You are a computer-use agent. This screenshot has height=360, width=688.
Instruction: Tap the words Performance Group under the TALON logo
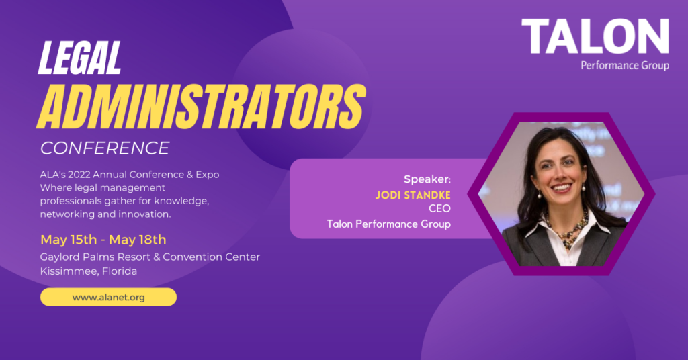pos(624,66)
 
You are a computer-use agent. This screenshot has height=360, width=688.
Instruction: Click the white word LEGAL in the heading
pos(80,58)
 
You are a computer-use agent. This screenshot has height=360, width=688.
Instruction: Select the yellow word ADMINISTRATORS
pos(201,105)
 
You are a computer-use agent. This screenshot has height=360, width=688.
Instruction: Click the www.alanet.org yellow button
pos(108,297)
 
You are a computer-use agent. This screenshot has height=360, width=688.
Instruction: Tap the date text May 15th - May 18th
pos(103,240)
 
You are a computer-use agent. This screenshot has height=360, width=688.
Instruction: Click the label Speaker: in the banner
pos(427,179)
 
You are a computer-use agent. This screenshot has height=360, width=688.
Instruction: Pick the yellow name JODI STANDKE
pos(414,194)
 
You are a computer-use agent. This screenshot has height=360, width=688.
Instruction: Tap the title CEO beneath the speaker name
pos(439,209)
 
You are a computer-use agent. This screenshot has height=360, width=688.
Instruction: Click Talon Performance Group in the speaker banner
pos(388,224)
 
